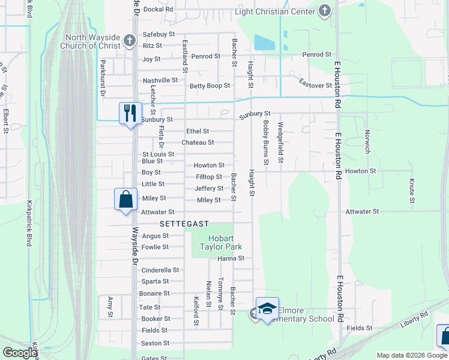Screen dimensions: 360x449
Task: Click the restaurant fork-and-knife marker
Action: (130, 112)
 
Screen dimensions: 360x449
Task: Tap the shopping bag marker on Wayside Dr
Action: (125, 199)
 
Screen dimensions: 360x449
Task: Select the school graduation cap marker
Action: (267, 308)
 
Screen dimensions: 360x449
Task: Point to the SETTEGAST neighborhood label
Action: (184, 224)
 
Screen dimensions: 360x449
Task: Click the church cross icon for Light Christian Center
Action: (325, 10)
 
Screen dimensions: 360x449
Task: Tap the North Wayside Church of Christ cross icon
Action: (128, 41)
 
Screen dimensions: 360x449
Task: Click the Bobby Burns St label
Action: (266, 142)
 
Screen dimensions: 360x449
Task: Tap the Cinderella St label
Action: (160, 270)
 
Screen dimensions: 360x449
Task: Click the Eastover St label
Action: (316, 86)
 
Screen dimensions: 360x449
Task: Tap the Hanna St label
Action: (231, 259)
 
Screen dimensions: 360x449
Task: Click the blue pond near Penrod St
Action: (265, 43)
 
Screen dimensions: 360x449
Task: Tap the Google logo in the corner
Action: (20, 353)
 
